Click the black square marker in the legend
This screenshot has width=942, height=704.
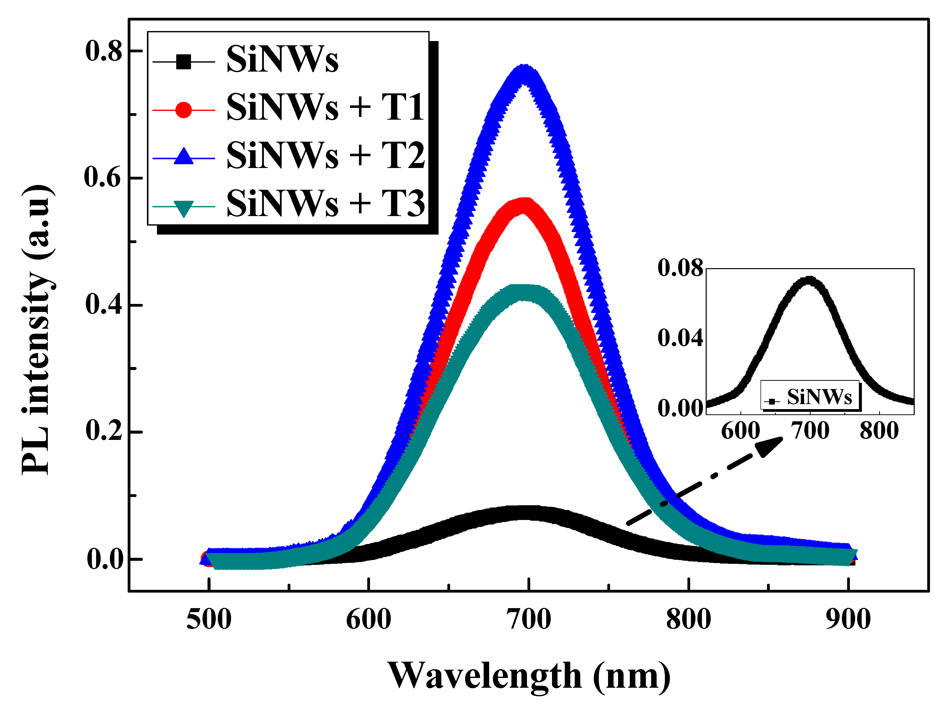(x=183, y=62)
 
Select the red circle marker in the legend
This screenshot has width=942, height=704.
(x=183, y=110)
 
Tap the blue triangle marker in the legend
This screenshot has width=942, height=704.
(x=183, y=156)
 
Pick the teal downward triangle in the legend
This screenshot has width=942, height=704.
(x=183, y=208)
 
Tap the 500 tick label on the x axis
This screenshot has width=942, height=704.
(x=209, y=620)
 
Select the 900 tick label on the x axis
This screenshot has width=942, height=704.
(x=848, y=620)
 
